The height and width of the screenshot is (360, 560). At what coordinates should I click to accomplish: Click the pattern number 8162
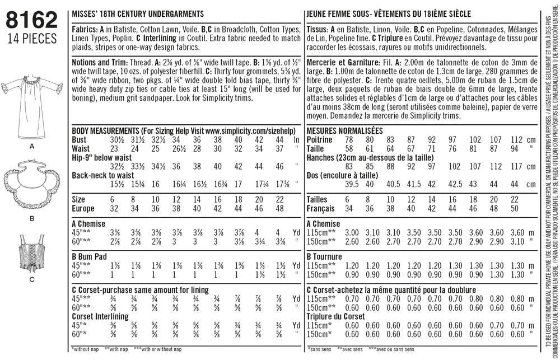pos(32,21)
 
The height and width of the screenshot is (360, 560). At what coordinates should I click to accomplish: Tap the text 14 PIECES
pos(32,39)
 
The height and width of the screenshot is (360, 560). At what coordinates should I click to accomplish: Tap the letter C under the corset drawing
pos(32,278)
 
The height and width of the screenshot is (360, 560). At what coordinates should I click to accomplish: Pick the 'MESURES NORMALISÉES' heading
pos(344,130)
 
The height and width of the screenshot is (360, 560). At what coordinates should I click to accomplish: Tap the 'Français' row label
pos(322,208)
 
